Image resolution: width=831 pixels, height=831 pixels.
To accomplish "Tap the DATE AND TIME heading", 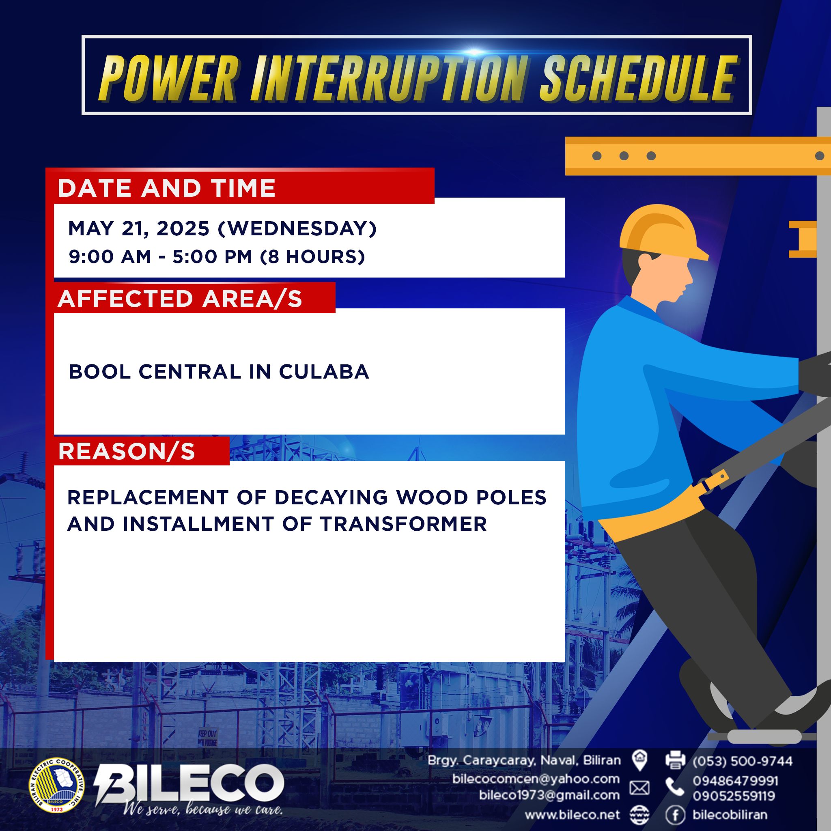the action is [166, 188].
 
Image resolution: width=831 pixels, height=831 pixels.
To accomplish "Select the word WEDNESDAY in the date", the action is [297, 228].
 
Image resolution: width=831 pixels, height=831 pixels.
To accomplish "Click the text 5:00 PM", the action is [213, 257].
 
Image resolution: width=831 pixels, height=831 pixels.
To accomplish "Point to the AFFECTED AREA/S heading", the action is [180, 299].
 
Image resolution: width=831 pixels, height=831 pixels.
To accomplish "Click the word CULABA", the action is [324, 372].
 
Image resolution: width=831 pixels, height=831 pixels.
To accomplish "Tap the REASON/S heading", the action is [127, 452].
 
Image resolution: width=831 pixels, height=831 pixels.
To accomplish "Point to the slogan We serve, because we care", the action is [202, 810].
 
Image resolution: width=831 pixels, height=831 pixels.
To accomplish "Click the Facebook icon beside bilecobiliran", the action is [675, 815].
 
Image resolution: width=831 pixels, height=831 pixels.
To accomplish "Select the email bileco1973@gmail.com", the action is [549, 795].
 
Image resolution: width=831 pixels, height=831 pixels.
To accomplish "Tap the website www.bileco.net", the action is [573, 815].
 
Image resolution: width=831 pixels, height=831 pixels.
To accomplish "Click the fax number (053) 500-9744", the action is [743, 761].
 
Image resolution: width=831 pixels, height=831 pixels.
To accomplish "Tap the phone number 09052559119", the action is [735, 796].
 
